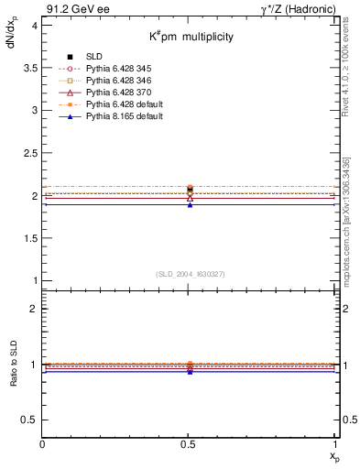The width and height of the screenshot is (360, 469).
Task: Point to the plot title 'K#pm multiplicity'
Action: point(192,36)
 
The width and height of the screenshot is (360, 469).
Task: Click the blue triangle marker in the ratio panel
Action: point(190,372)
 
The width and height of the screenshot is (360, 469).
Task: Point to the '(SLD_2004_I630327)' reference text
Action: point(190,273)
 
